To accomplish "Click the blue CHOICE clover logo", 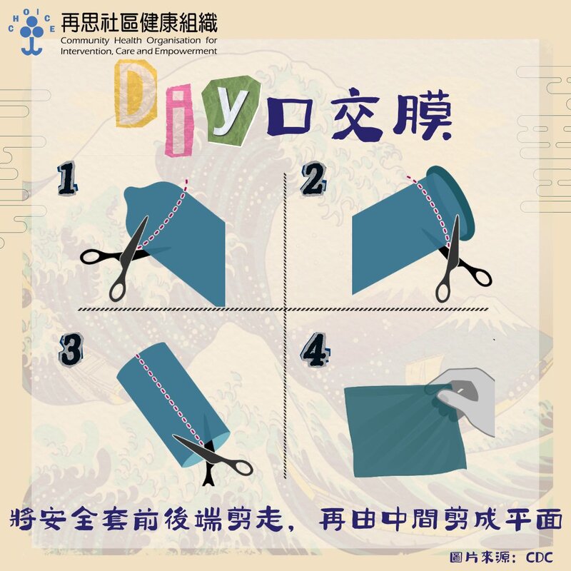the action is (31, 32).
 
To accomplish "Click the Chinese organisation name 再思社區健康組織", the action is (138, 23).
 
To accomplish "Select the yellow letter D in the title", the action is (136, 94).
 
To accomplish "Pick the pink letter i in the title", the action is (178, 120).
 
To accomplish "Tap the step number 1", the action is (67, 178).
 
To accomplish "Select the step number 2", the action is (313, 178).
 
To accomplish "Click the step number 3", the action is (71, 350).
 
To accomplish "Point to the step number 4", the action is (315, 350).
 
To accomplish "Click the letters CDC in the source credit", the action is (539, 557).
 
